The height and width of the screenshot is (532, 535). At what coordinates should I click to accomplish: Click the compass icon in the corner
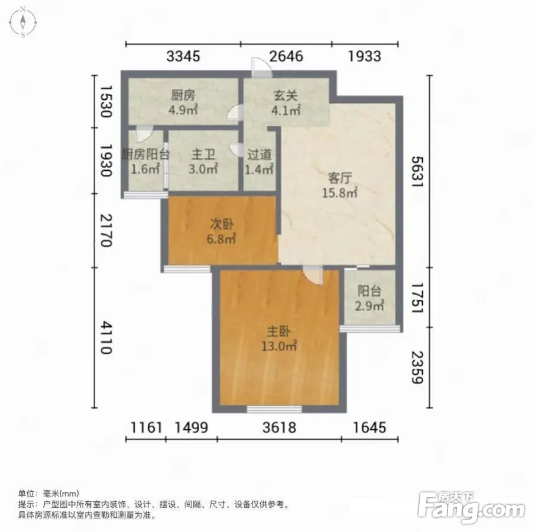click(23, 22)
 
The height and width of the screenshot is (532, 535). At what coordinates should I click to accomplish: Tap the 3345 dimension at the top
click(183, 56)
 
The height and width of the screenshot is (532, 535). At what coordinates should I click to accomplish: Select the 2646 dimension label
click(286, 56)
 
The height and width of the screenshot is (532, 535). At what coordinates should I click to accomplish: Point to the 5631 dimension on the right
click(417, 171)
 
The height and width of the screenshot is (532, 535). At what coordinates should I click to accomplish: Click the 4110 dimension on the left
click(106, 338)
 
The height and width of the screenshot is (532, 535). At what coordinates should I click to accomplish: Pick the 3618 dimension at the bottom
click(279, 427)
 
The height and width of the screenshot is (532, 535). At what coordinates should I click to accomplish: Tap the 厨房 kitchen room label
click(183, 96)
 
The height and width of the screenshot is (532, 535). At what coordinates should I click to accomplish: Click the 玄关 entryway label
click(286, 96)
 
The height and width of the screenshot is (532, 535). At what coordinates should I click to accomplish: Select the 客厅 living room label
click(339, 178)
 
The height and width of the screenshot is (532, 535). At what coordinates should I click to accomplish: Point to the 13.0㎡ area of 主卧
click(279, 346)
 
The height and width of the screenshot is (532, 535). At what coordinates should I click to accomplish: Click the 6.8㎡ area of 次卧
click(221, 239)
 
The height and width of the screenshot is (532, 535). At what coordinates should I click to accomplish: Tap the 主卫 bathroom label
click(203, 155)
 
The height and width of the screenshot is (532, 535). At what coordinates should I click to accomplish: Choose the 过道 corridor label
click(260, 155)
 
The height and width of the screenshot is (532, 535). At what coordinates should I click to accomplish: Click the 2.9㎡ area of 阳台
click(369, 306)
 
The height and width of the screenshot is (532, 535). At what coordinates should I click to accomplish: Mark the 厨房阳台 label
click(145, 155)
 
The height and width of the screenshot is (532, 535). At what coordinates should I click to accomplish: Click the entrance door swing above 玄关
click(262, 67)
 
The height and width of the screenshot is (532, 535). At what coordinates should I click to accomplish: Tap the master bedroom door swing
click(313, 275)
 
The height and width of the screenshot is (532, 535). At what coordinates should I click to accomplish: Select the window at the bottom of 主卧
click(274, 409)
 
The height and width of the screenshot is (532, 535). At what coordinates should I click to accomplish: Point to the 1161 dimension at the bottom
click(146, 427)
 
